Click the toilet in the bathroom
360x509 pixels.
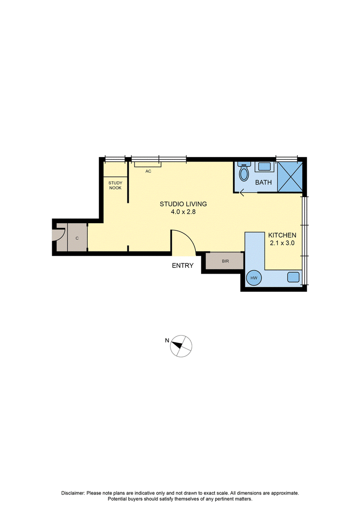(244, 171)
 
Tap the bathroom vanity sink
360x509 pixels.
(264, 167)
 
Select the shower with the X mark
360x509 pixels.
(290, 176)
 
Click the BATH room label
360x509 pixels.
(263, 182)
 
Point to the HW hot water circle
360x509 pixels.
(254, 278)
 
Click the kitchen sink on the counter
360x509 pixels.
(293, 277)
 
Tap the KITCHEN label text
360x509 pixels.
(282, 235)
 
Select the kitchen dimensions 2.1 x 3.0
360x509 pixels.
(282, 243)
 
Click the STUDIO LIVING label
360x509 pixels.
(183, 204)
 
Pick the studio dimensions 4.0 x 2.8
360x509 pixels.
(183, 212)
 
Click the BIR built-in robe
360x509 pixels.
(225, 261)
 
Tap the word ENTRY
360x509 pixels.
(182, 266)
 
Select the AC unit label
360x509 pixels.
(148, 171)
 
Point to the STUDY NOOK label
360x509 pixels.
(115, 185)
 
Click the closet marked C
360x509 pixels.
(77, 238)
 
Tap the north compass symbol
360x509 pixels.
(181, 346)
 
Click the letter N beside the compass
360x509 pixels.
(167, 341)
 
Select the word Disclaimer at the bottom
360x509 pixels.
(73, 493)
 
